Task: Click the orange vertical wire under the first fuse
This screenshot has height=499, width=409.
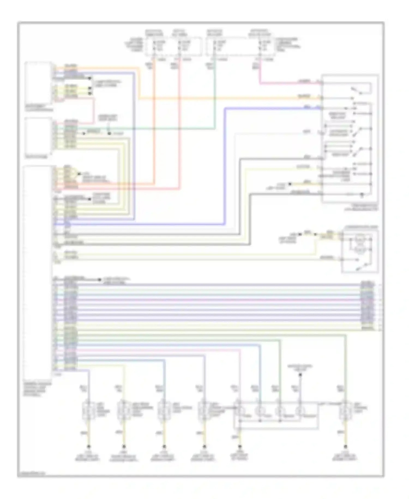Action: point(155,123)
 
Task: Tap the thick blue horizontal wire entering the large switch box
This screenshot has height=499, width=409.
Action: point(273,109)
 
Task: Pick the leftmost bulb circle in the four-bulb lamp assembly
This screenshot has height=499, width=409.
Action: point(239,410)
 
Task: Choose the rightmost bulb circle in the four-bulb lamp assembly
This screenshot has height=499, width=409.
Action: point(300,410)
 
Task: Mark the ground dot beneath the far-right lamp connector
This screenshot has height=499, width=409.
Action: point(345,447)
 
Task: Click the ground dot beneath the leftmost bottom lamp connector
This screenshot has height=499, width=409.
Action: point(88,447)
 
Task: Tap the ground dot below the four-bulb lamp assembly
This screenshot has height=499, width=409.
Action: point(240,447)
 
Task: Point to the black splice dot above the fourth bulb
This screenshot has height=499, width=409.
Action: point(300,375)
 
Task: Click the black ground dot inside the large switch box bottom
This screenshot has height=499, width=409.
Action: point(362,195)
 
